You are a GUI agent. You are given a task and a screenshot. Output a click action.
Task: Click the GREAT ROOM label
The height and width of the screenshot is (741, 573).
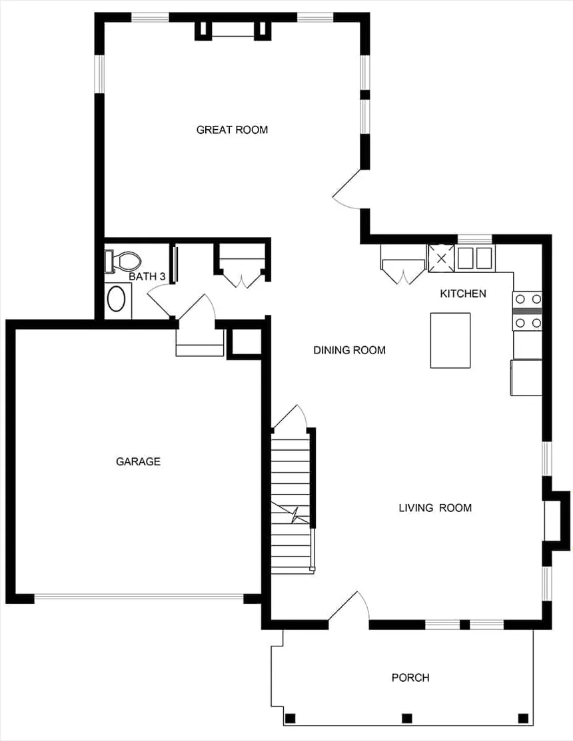pos(232,130)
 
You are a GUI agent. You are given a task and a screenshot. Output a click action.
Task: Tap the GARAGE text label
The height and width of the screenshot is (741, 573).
pos(138,461)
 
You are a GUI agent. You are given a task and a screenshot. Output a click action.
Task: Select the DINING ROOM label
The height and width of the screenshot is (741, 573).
pos(349,350)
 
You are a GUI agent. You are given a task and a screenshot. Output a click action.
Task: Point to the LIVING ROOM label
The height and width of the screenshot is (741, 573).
pos(435,508)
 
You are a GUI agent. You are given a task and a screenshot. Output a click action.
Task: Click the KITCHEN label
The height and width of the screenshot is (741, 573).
pos(463,294)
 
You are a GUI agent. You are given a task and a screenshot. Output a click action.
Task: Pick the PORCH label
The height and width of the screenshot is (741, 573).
pos(410,678)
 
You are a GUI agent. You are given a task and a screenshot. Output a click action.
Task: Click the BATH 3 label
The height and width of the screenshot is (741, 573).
pos(147,276)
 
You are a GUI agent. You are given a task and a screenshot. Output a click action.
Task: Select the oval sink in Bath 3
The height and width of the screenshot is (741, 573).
pos(117,299)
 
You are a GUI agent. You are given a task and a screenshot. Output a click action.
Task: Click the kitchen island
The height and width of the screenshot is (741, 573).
pos(450,340)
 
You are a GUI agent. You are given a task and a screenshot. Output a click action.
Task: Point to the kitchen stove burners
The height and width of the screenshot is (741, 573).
pos(527,311)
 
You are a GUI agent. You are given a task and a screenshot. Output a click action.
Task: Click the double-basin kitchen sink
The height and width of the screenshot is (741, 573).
pos(475,257)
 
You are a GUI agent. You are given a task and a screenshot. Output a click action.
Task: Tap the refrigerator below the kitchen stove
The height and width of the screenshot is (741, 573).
pos(526,377)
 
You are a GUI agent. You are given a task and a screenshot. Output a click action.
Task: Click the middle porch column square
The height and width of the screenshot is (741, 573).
pos(406,718)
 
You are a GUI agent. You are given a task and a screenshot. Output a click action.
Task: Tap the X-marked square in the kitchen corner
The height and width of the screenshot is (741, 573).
pos(440,258)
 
